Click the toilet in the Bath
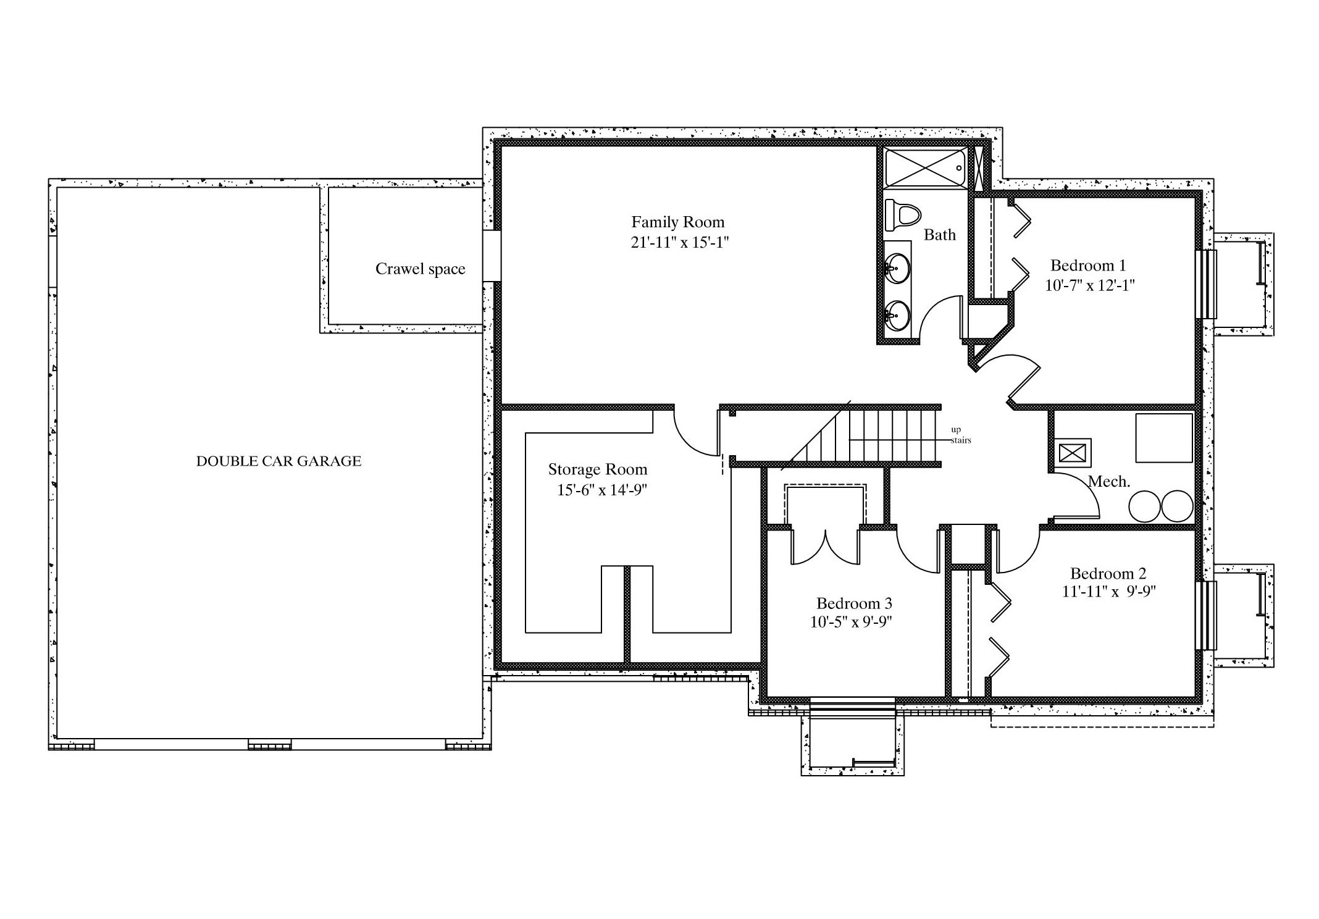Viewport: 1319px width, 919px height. click(902, 215)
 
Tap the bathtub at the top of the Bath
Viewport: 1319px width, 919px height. click(925, 167)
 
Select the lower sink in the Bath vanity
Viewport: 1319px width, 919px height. click(896, 316)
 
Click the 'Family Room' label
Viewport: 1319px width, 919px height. click(677, 222)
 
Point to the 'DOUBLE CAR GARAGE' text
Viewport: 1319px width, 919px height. click(278, 461)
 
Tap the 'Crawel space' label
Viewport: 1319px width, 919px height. click(420, 269)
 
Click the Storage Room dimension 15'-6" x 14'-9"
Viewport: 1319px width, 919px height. click(602, 490)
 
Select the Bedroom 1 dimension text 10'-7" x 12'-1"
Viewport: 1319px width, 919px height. click(1090, 285)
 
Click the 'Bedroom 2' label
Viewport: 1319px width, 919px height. click(1108, 573)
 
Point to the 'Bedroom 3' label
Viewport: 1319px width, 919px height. click(854, 603)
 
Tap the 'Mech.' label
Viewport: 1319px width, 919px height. click(1108, 482)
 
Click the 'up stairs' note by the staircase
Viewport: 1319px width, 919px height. click(960, 435)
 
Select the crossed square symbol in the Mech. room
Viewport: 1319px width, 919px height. click(1072, 453)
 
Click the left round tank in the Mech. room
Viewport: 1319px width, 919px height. click(1144, 506)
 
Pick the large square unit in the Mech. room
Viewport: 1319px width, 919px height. click(1164, 438)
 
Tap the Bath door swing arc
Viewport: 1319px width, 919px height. click(932, 309)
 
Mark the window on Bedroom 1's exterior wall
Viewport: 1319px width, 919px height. click(1206, 284)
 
